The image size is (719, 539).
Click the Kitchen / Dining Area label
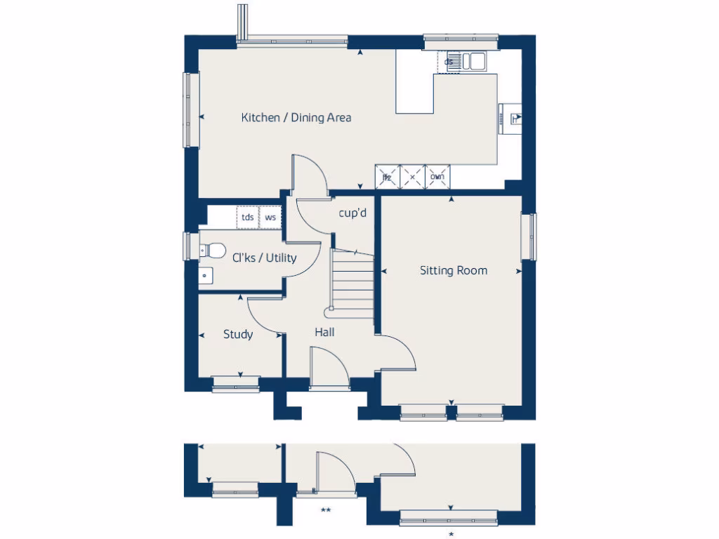click(296, 118)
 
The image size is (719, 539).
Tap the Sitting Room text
click(453, 270)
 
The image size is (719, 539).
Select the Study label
click(238, 335)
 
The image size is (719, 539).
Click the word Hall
click(324, 332)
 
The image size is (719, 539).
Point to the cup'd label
click(352, 213)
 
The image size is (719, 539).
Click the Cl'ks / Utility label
click(264, 258)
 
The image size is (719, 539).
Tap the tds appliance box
click(248, 218)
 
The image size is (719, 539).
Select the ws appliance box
click(270, 218)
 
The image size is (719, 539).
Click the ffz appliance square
click(387, 177)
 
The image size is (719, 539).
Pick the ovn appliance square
click(437, 177)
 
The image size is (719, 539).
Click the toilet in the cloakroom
click(211, 250)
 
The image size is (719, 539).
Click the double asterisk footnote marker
click(325, 511)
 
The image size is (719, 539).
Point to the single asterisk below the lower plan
click(451, 535)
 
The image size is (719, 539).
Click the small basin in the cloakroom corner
click(204, 276)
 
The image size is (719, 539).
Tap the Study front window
click(236, 383)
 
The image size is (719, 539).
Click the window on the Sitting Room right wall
click(532, 237)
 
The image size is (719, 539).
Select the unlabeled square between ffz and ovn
click(412, 177)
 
